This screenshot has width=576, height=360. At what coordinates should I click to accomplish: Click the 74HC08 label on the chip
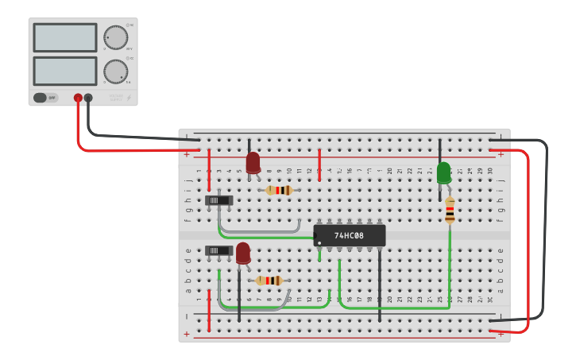350,236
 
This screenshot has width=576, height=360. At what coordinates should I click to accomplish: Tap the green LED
443,172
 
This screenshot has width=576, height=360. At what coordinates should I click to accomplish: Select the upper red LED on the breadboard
253,163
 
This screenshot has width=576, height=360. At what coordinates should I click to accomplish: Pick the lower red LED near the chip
243,253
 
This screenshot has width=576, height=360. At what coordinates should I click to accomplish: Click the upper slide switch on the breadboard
218,200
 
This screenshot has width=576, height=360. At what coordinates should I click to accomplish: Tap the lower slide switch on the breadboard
218,250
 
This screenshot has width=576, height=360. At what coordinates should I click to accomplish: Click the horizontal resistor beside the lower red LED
269,281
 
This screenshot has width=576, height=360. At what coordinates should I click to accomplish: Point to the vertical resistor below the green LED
450,211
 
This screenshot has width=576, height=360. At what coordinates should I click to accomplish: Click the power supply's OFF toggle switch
45,98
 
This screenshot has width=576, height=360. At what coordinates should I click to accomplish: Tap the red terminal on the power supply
78,99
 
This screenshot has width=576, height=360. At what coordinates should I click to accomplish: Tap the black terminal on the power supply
88,99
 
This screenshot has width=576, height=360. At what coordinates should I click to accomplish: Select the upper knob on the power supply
115,37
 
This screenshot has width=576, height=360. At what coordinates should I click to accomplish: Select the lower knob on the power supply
115,72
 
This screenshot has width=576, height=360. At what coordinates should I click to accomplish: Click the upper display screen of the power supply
64,37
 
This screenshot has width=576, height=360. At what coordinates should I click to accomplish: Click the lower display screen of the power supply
64,71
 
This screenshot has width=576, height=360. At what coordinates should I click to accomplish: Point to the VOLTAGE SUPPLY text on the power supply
117,97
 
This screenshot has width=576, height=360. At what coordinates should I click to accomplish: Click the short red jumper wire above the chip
319,165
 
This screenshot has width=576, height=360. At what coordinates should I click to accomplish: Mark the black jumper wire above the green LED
439,151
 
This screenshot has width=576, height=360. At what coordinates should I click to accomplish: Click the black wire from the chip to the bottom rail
379,286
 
